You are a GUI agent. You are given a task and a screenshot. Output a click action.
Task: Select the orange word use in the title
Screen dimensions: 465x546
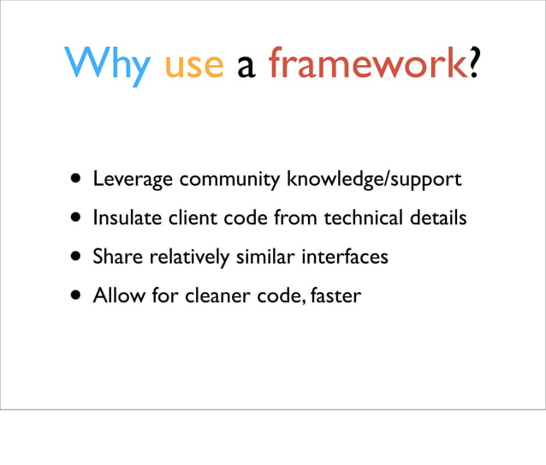click(194, 66)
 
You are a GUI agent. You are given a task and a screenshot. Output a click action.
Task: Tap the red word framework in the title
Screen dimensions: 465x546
click(366, 65)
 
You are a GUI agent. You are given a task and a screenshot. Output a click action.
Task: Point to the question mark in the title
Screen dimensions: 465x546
click(472, 65)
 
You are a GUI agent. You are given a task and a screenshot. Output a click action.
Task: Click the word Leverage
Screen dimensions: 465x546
click(133, 181)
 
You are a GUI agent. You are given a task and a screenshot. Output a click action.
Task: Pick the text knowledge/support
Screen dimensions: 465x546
click(374, 181)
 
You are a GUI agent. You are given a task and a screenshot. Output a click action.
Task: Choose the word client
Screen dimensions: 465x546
click(194, 218)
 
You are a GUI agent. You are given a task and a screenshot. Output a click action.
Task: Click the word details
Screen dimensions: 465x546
click(437, 218)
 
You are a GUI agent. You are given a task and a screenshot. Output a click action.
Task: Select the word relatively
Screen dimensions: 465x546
click(185, 257)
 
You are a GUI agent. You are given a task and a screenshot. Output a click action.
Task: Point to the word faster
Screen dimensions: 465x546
click(336, 295)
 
